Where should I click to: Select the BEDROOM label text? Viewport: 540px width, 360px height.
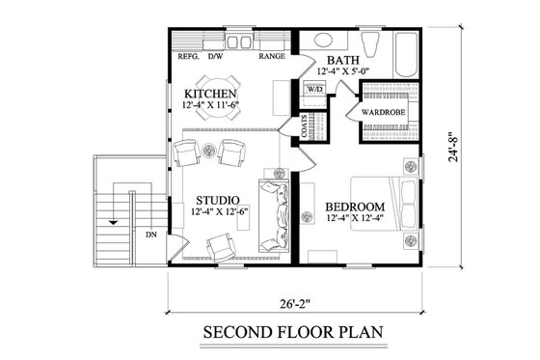pyautogui.click(x=354, y=208)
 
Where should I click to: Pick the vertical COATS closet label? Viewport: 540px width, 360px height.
pyautogui.click(x=304, y=131)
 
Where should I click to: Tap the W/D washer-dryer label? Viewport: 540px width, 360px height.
pyautogui.click(x=314, y=90)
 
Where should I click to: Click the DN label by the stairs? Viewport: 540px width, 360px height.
pyautogui.click(x=151, y=235)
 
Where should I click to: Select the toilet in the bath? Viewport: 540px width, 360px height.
pyautogui.click(x=371, y=42)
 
